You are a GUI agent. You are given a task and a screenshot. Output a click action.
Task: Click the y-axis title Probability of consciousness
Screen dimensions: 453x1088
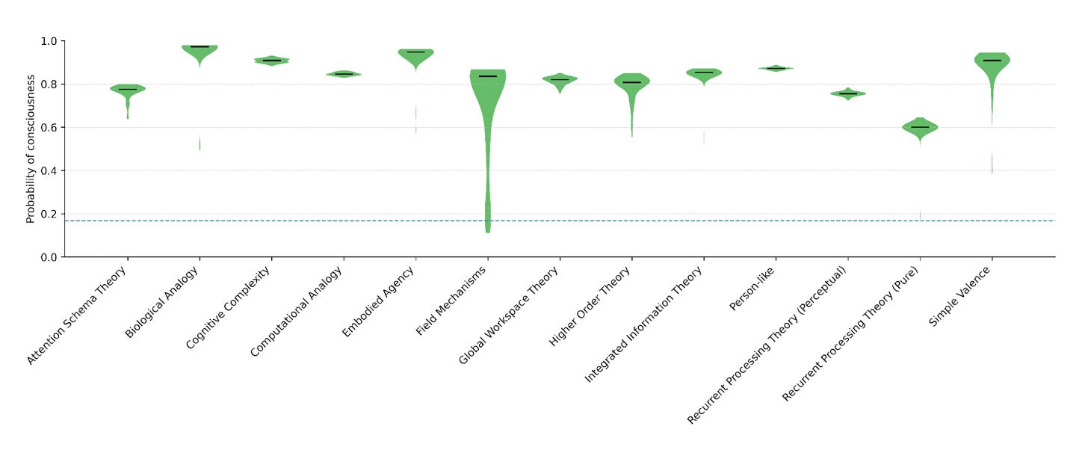tap(31, 149)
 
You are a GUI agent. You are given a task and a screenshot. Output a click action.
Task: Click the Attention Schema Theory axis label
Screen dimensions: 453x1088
tap(77, 315)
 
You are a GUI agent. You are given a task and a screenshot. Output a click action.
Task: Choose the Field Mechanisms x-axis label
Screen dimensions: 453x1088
tap(451, 301)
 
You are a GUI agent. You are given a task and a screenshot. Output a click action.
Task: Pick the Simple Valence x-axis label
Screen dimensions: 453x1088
tap(959, 297)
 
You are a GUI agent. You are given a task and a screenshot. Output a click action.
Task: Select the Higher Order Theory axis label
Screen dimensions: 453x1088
tap(590, 307)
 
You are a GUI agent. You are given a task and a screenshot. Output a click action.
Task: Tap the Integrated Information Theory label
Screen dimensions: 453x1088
tap(643, 325)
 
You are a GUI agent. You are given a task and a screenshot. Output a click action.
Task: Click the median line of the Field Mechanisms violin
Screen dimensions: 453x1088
tap(488, 76)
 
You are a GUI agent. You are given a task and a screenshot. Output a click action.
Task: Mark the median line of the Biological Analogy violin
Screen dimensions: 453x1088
tap(200, 47)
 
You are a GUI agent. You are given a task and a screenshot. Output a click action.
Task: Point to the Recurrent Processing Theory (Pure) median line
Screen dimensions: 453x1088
tap(920, 127)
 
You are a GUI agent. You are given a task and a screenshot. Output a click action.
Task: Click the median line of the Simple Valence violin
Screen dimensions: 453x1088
tap(992, 61)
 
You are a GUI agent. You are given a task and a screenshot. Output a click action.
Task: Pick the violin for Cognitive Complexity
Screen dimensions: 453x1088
tap(271, 61)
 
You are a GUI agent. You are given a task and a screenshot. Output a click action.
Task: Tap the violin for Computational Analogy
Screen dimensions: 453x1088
tap(344, 74)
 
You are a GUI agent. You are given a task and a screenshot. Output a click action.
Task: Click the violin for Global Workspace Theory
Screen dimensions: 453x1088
tap(560, 80)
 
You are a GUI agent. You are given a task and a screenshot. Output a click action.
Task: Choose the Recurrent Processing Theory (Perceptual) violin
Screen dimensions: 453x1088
tap(847, 93)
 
